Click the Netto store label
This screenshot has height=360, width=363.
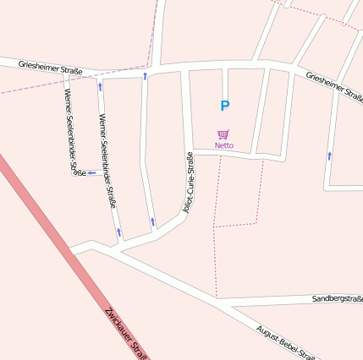(x=224, y=145)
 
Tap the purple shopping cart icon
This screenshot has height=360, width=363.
(x=223, y=134)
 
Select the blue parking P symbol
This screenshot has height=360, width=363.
(x=224, y=106)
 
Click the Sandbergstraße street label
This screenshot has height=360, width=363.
(x=337, y=299)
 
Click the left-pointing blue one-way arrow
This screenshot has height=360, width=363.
(x=91, y=173)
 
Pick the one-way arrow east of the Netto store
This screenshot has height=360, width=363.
(x=329, y=155)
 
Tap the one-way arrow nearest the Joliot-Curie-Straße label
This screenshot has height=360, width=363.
(x=152, y=222)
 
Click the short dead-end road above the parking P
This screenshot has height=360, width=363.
(x=224, y=83)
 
